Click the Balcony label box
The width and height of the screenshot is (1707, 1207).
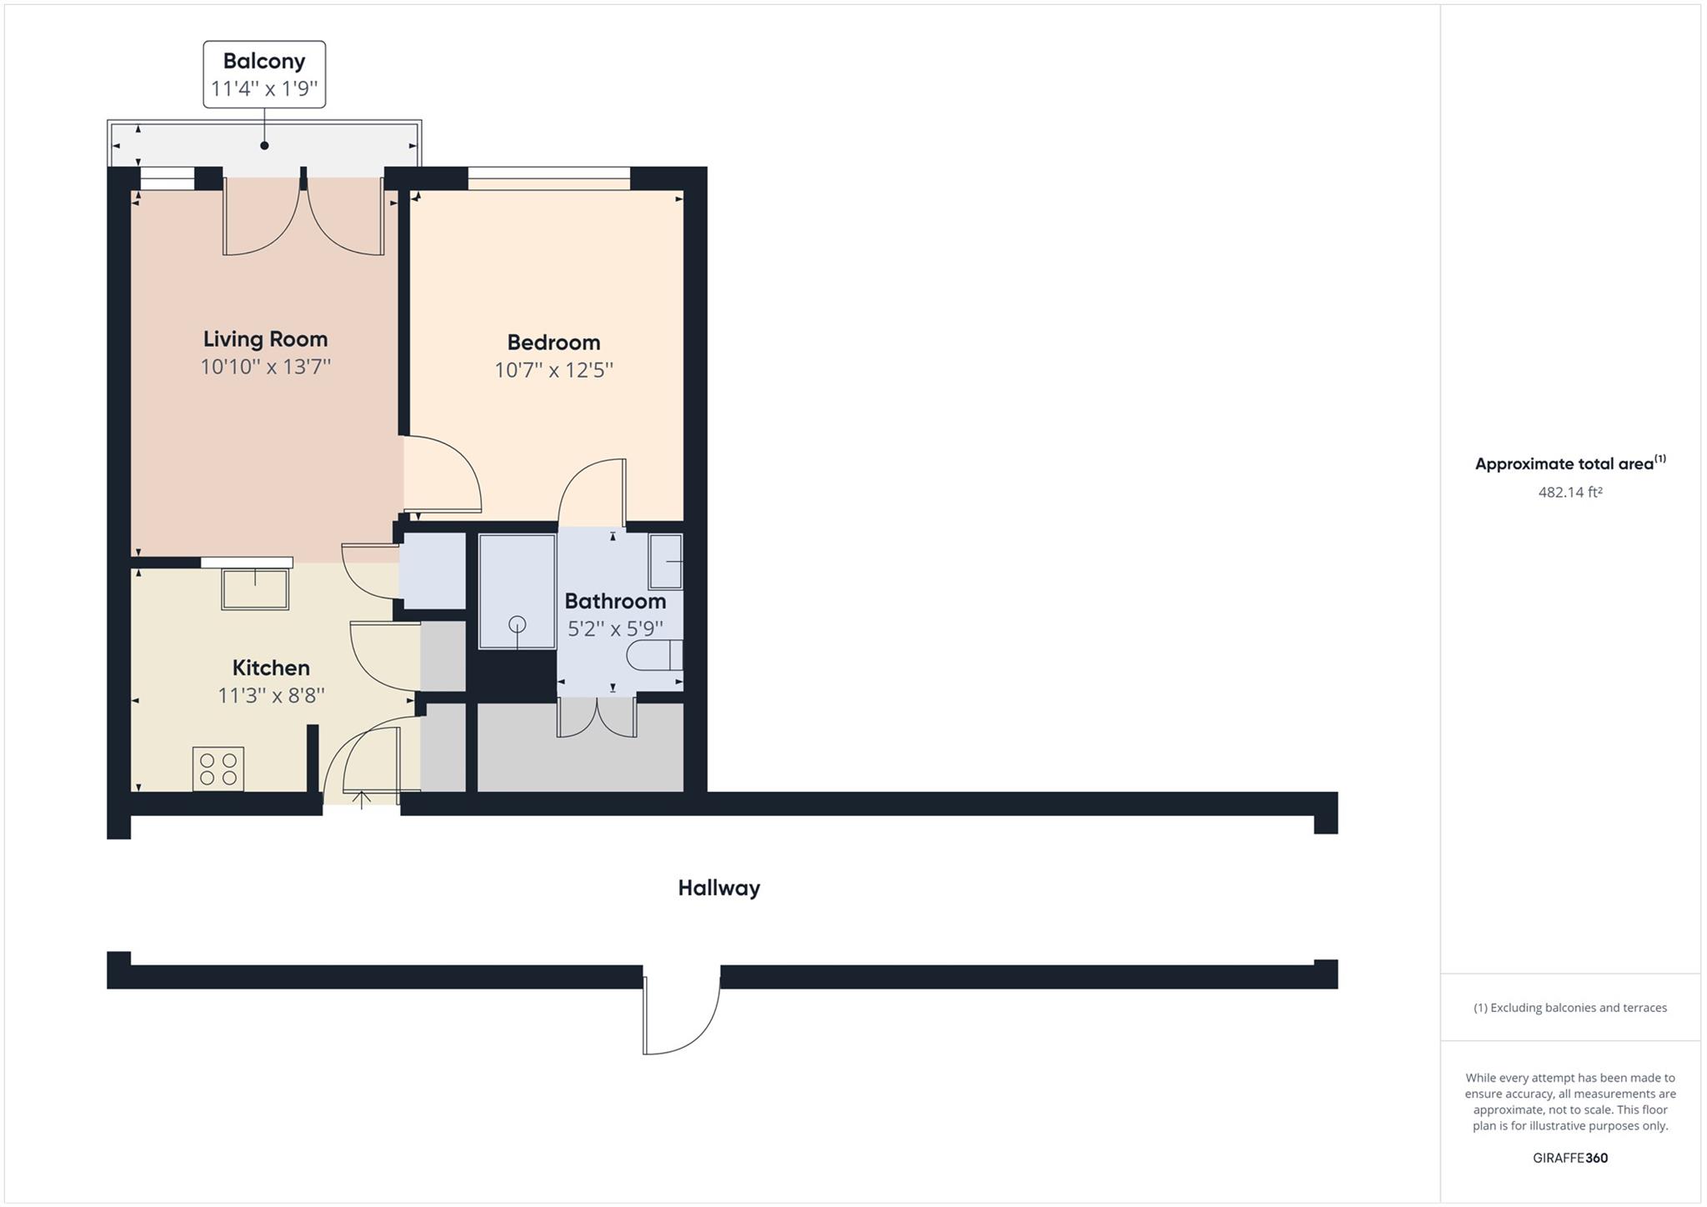coord(264,74)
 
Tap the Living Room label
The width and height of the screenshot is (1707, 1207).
coord(265,339)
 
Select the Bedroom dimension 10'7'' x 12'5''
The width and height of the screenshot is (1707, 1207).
coord(553,370)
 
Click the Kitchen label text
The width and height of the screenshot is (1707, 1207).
coord(271,668)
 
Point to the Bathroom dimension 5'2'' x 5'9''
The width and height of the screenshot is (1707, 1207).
coord(615,629)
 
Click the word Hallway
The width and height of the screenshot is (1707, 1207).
coord(718,888)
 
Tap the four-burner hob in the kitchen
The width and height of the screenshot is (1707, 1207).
coord(218,769)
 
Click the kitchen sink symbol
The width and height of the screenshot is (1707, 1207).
coord(255,588)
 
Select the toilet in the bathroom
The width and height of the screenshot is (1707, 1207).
coord(655,655)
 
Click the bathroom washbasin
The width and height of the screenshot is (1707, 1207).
coord(666,562)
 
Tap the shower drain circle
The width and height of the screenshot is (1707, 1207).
coord(518,624)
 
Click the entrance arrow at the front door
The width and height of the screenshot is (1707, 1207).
coord(362,799)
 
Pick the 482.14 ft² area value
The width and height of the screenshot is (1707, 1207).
coord(1569,492)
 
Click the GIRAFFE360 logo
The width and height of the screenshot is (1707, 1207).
coord(1569,1158)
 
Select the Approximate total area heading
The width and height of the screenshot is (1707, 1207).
coord(1569,463)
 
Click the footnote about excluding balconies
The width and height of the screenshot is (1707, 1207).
coord(1569,1008)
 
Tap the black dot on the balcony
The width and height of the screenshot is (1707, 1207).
coord(264,146)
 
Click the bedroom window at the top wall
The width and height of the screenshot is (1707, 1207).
coord(548,173)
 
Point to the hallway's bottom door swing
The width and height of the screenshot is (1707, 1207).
coord(679,1021)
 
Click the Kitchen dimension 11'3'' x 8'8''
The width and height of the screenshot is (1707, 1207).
coord(271,695)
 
